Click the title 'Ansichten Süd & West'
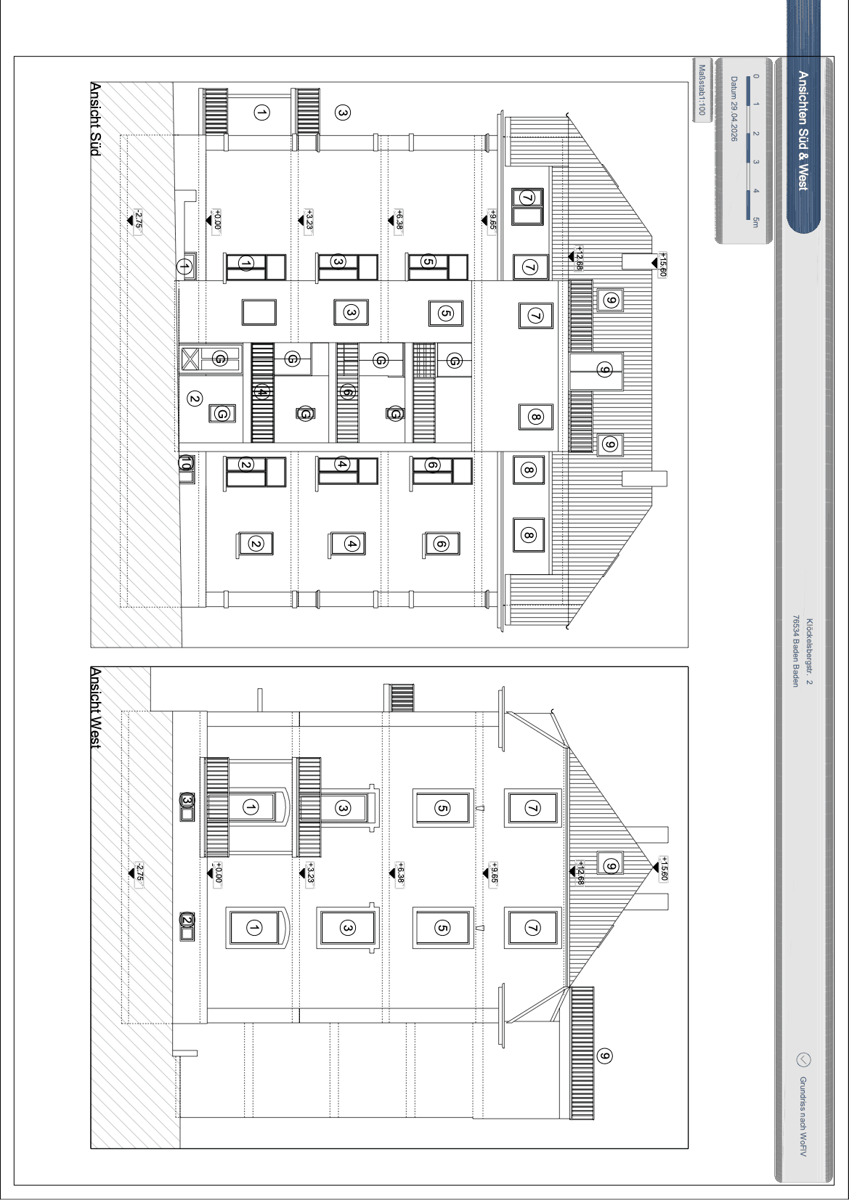(803, 130)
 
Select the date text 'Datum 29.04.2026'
(734, 109)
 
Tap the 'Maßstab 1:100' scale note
(702, 90)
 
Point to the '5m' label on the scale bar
(755, 222)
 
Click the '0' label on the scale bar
(755, 76)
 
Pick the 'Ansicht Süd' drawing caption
(95, 119)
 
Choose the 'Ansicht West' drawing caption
(95, 708)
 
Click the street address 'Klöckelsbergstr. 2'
(809, 652)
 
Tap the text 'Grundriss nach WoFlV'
(803, 1117)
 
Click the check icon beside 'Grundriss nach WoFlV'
(804, 1060)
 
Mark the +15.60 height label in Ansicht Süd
(662, 265)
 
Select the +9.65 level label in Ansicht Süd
(492, 220)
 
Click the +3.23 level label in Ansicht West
(310, 874)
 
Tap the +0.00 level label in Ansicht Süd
(217, 220)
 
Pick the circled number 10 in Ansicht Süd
(186, 463)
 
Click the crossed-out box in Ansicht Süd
(190, 359)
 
